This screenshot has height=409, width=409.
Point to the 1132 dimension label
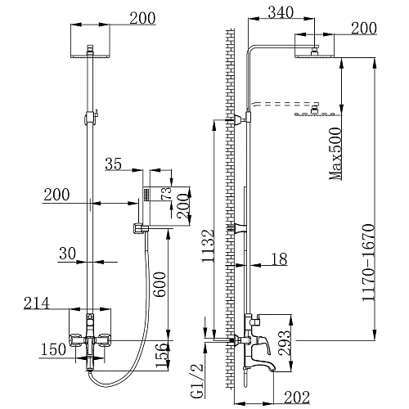tap(209, 254)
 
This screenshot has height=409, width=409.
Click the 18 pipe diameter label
tap(278, 258)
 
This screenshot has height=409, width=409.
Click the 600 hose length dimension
tap(160, 282)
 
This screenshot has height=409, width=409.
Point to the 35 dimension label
tap(114, 164)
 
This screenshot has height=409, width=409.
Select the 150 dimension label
tap(53, 350)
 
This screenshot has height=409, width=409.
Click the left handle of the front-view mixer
tap(77, 340)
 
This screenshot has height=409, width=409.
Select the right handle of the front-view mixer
tap(106, 340)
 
